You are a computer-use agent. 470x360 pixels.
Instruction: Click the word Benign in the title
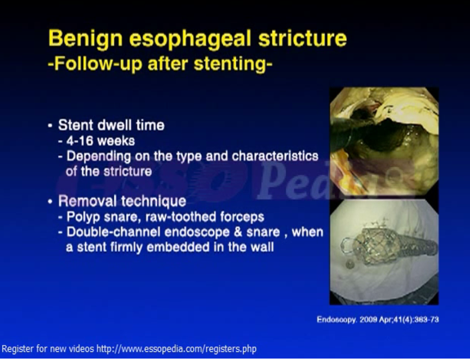(x=86, y=39)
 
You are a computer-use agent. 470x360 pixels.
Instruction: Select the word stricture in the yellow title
(x=303, y=38)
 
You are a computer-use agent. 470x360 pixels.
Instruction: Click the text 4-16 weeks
(x=101, y=141)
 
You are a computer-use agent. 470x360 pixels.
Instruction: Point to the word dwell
(x=116, y=125)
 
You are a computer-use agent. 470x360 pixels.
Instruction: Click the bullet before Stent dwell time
(x=50, y=126)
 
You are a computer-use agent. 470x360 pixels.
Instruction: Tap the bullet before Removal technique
(x=50, y=201)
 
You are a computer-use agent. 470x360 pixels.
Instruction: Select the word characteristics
(x=275, y=156)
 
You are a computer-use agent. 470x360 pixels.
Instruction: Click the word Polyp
(x=83, y=217)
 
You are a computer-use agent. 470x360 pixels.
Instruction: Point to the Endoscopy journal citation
(x=378, y=320)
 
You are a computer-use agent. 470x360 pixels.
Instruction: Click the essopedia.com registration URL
(x=176, y=349)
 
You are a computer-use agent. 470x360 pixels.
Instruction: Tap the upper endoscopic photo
(x=384, y=141)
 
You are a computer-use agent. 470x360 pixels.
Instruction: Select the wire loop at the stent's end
(x=347, y=246)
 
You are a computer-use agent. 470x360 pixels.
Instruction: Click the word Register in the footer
(x=17, y=349)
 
